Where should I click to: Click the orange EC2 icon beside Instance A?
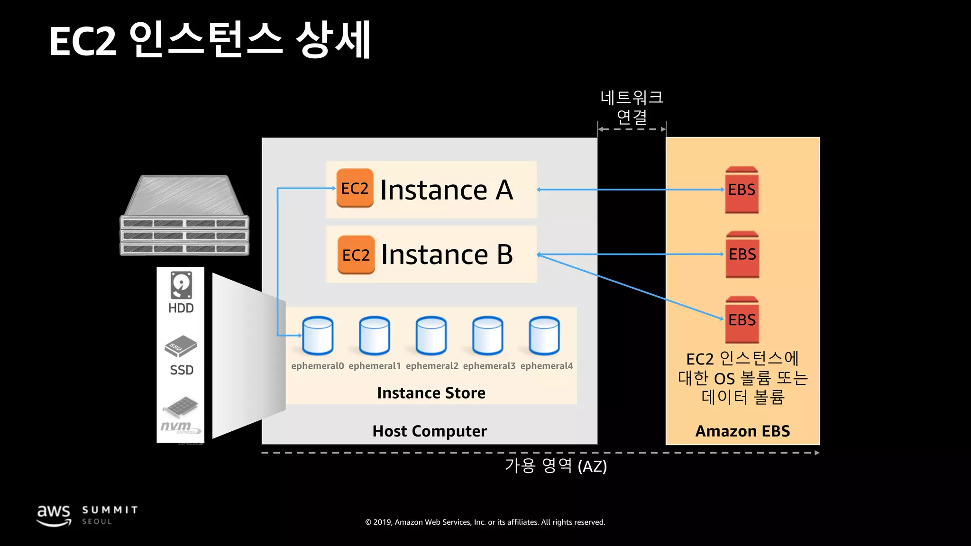click(x=355, y=188)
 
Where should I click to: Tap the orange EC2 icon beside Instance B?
click(x=356, y=255)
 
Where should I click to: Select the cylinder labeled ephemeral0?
click(x=318, y=336)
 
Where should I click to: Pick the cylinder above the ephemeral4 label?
click(x=544, y=336)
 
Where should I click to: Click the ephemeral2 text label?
click(x=432, y=366)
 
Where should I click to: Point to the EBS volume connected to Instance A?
click(x=742, y=190)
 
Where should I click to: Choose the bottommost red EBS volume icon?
click(x=742, y=320)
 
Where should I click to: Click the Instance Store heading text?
click(x=431, y=393)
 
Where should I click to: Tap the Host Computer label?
click(x=430, y=431)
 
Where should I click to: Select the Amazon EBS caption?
click(x=742, y=431)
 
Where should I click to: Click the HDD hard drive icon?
click(x=181, y=285)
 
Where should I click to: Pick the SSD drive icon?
click(x=181, y=346)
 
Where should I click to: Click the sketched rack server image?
click(x=184, y=216)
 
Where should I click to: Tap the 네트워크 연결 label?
click(x=632, y=107)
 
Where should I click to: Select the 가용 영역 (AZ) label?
click(x=556, y=466)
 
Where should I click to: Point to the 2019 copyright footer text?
click(x=485, y=522)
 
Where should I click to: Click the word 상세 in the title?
click(x=333, y=40)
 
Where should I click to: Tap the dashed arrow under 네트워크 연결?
click(x=632, y=129)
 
